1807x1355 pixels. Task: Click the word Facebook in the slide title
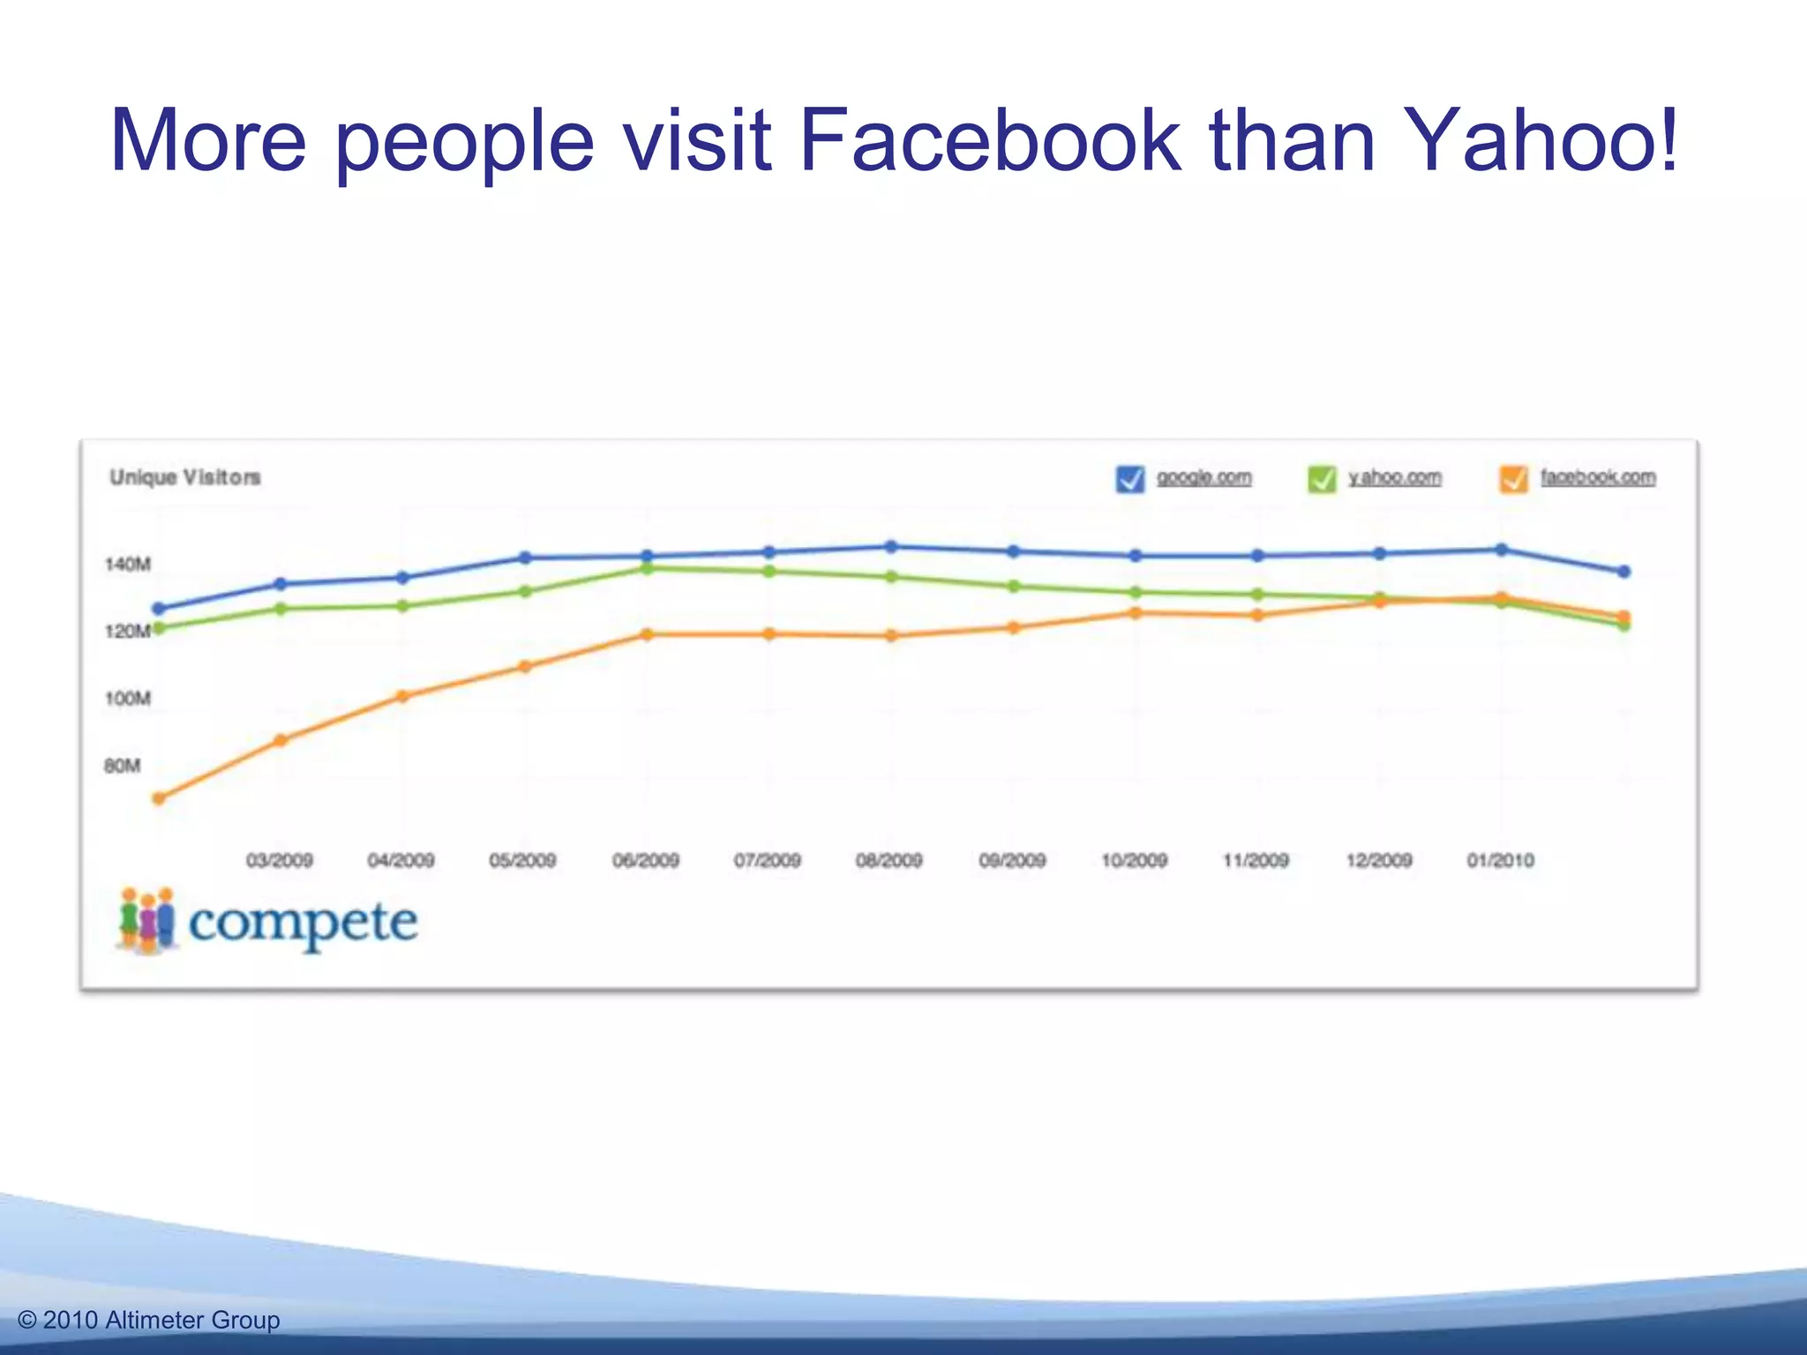(x=988, y=141)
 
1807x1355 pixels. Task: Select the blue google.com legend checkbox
(x=1130, y=479)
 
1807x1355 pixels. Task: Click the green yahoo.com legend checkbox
(x=1322, y=479)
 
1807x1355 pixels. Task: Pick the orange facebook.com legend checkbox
(x=1514, y=479)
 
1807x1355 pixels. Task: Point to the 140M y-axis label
(x=128, y=565)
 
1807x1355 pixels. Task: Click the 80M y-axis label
(x=123, y=766)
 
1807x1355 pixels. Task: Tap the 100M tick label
(x=128, y=699)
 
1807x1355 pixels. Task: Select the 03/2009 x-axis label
(x=280, y=860)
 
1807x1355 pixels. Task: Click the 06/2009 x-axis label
(x=646, y=860)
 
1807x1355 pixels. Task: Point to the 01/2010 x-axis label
(x=1501, y=860)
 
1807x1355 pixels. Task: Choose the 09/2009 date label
(x=1012, y=860)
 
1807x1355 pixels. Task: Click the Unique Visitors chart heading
(x=185, y=477)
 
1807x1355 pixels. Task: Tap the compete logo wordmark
(x=303, y=923)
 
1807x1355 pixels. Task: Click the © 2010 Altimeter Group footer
(x=148, y=1320)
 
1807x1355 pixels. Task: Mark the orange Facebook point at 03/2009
(x=281, y=740)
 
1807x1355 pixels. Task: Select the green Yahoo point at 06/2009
(x=647, y=568)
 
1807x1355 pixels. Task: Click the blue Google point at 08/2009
(x=891, y=547)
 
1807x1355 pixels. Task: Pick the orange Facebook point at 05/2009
(x=525, y=667)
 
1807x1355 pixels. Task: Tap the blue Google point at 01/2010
(x=1502, y=550)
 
